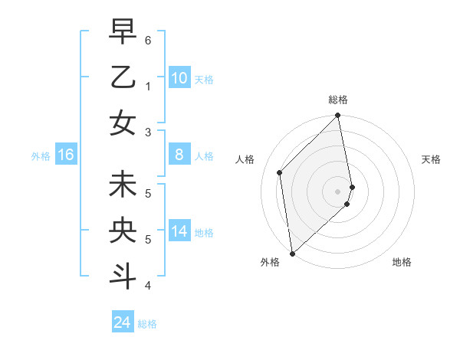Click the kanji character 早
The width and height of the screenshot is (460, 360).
click(123, 32)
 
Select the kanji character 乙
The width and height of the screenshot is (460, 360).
click(123, 77)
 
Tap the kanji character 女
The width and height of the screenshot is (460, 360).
click(123, 123)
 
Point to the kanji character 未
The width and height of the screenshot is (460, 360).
click(123, 185)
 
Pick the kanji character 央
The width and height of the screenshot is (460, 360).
click(123, 231)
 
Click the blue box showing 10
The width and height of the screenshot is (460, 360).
click(179, 78)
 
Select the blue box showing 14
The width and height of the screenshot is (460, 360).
click(179, 232)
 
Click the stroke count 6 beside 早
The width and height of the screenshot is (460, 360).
click(148, 39)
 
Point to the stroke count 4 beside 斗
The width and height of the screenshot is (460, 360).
click(148, 286)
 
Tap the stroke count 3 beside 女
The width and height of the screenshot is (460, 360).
click(148, 133)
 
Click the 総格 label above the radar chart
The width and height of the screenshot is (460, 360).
click(338, 100)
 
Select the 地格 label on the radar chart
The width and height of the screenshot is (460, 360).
click(402, 262)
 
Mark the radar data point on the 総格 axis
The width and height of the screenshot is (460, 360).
click(338, 116)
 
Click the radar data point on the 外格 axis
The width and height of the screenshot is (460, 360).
click(292, 253)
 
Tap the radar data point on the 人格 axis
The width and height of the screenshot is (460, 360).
click(280, 172)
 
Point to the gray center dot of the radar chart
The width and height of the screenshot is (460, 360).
click(338, 191)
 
